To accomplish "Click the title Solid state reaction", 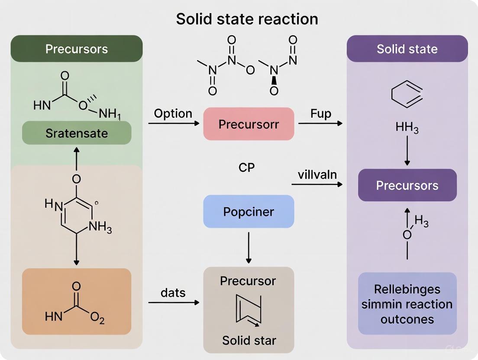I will coord(247,19).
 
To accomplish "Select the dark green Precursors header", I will coord(77,48).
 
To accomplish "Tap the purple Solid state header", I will coord(407,48).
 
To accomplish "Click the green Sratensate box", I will coord(77,133).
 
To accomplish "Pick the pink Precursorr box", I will coord(249,124).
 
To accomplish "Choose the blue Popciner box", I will coord(249,212).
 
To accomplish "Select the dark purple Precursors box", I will coord(407,185).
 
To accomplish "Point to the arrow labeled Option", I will coord(174,123).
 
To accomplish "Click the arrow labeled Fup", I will coord(320,123).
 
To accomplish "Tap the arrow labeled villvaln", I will coord(317,185).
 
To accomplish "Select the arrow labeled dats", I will coord(174,302).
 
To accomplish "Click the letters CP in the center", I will coord(246,167).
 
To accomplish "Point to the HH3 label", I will coord(407,128).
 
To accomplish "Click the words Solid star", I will coord(249,340).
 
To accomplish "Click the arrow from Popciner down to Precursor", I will coord(249,247).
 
